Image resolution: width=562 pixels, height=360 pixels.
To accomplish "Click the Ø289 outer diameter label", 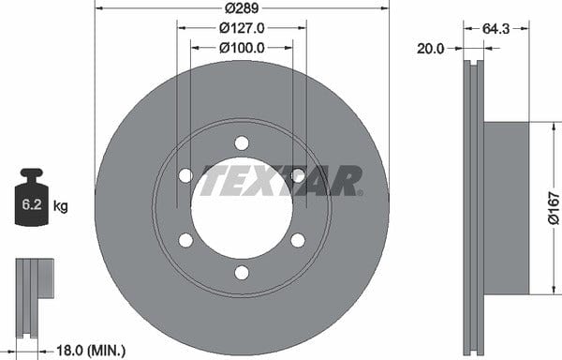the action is tap(242, 7).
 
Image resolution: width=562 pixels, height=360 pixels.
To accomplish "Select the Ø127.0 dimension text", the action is tap(242, 28).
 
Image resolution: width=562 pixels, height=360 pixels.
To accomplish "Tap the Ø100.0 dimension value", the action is tap(242, 48).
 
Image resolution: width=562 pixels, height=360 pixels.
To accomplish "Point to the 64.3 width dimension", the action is tap(495, 29).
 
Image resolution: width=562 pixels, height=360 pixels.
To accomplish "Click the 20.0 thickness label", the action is tap(430, 49).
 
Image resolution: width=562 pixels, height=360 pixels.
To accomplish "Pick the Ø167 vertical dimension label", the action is tap(555, 208).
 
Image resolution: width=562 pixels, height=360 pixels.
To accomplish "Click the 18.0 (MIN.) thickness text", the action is tap(91, 351).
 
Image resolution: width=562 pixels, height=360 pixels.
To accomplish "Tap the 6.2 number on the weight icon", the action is tap(32, 204).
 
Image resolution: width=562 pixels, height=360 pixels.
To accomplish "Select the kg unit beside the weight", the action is tap(60, 206).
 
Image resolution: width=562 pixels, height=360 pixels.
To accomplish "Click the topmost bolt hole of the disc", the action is tap(242, 143).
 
